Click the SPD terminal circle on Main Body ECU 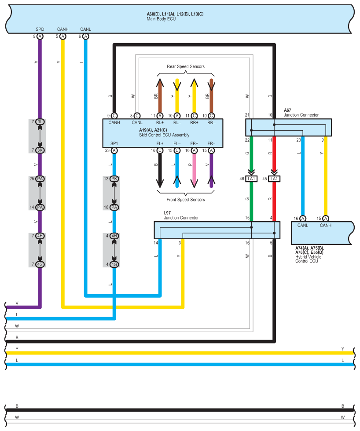tap(40, 37)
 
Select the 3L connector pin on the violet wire tap(40, 121)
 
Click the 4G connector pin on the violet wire tap(40, 264)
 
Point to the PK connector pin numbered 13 tap(114, 179)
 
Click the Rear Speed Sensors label tap(185, 67)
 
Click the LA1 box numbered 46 tap(251, 179)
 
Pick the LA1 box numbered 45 tap(274, 179)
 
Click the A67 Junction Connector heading tap(301, 113)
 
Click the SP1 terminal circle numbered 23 tap(114, 150)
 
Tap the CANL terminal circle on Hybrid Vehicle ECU tap(303, 219)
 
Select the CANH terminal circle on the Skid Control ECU tap(114, 116)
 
